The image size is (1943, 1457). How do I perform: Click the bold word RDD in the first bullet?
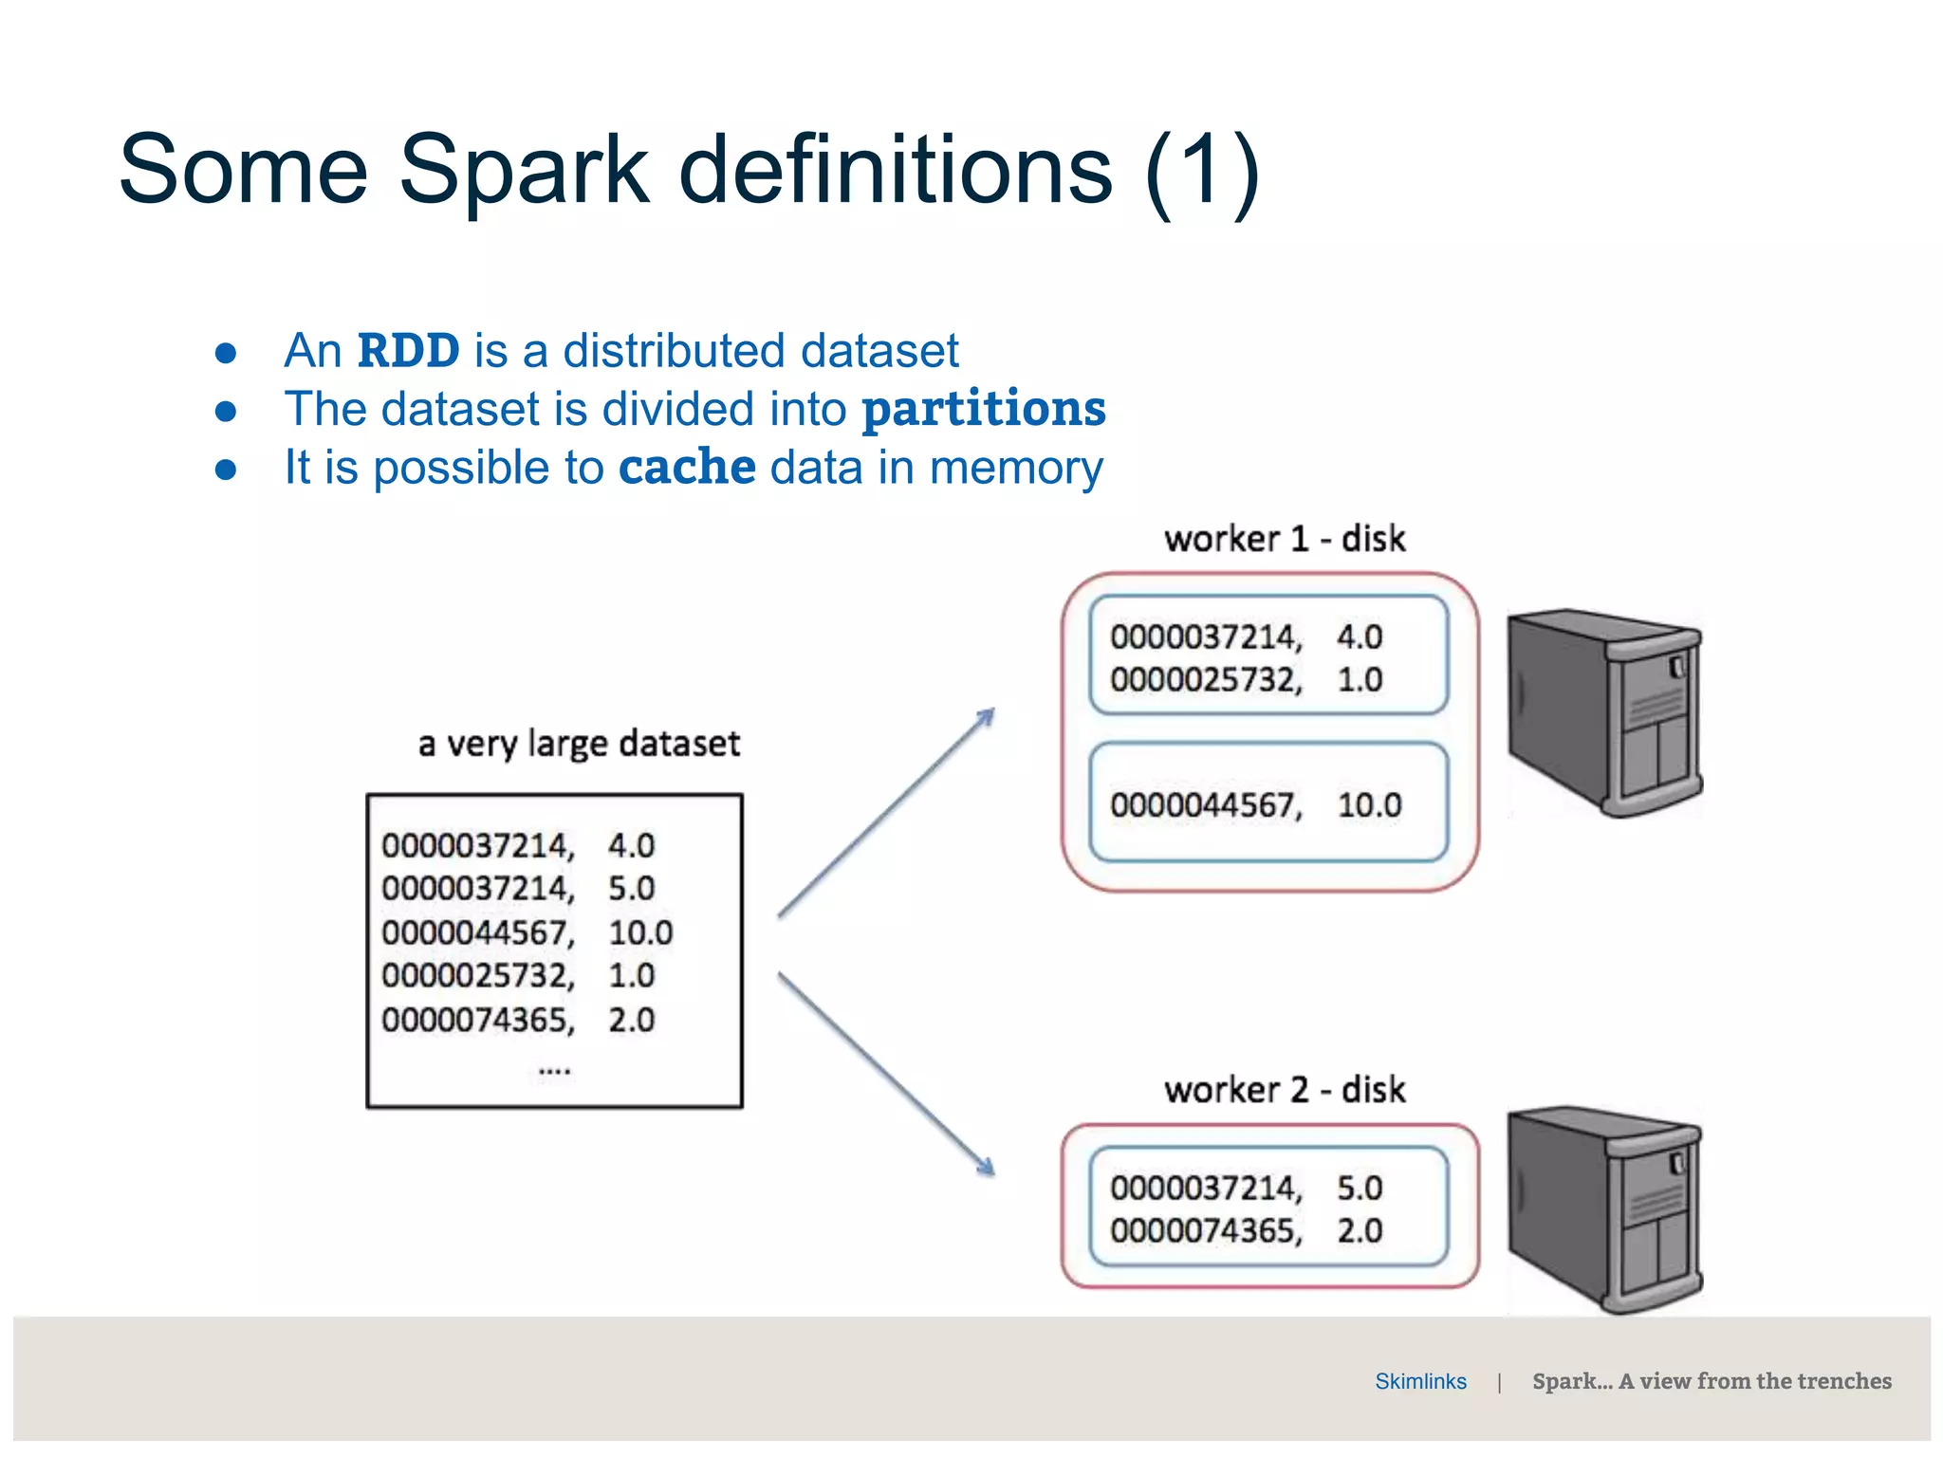408,351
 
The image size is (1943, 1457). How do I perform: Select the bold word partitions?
983,410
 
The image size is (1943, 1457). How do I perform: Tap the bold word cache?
687,468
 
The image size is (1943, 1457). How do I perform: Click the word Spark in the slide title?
524,171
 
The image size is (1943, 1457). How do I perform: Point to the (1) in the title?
1201,171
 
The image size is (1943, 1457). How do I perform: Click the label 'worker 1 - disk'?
1284,539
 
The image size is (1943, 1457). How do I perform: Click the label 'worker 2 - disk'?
1284,1090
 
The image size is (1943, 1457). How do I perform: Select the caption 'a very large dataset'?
579,744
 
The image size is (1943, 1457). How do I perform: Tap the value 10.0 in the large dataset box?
640,932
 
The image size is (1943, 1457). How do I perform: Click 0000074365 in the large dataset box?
476,1020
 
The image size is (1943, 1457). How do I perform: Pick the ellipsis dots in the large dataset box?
554,1071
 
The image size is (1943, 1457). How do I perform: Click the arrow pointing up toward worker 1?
886,812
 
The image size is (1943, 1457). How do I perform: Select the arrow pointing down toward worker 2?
886,1074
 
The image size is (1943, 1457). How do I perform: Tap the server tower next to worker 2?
1605,1208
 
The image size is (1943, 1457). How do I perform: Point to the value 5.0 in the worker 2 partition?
1360,1188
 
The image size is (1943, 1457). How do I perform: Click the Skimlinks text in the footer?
1420,1381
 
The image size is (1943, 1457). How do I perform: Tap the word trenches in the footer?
1843,1381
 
